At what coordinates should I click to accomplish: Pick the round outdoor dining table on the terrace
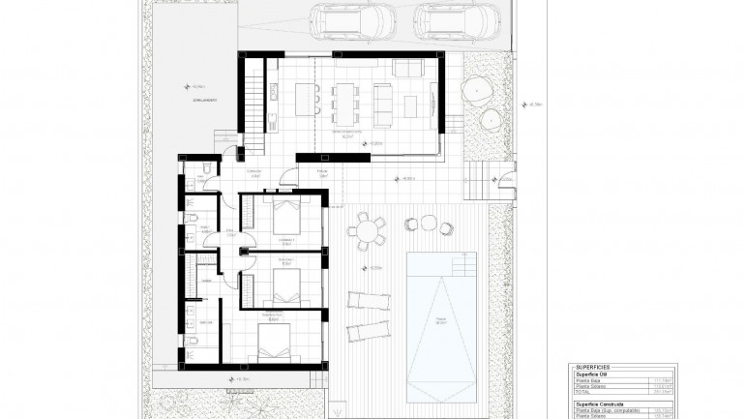pos(368,230)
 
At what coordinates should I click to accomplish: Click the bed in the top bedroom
pos(287,215)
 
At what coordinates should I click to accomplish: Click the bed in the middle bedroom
pos(287,283)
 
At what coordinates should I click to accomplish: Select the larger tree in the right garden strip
pos(478,90)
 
